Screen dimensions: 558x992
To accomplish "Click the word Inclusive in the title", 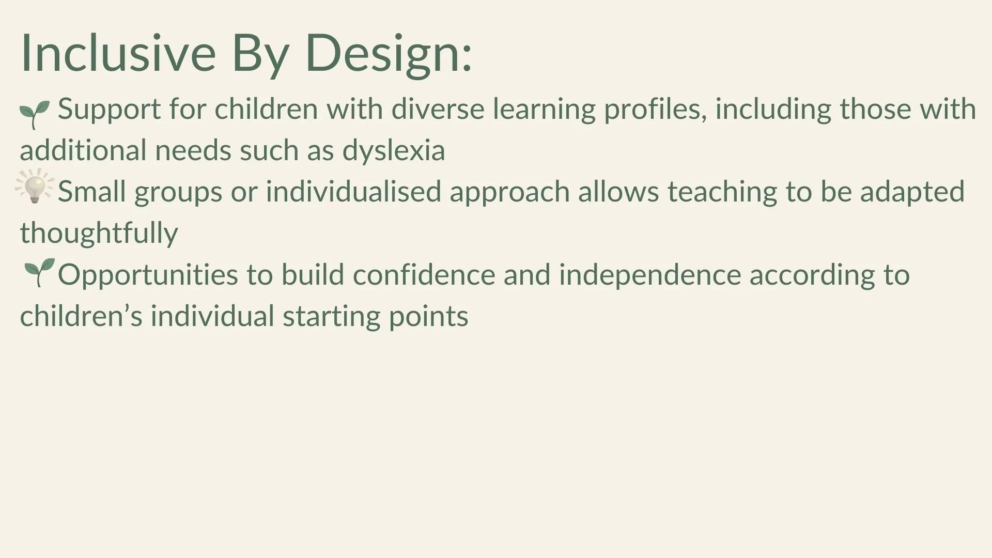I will (118, 53).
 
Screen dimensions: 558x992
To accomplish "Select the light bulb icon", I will (35, 187).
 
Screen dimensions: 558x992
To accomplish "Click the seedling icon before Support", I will (35, 114).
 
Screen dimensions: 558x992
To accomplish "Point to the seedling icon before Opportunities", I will (39, 272).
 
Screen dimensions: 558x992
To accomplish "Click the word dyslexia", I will (393, 151).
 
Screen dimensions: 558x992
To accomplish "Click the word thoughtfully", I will (99, 234).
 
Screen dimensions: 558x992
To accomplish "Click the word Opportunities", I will (148, 275).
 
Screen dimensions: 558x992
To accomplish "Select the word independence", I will (649, 275).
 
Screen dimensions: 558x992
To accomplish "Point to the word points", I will (428, 317).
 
